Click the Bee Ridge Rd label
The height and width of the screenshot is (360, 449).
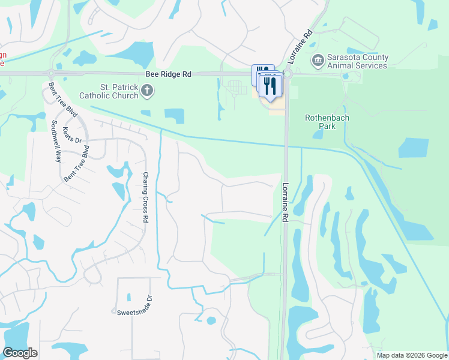pos(168,74)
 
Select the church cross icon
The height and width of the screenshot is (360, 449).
pos(148,91)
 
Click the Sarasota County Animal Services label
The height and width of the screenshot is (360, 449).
pos(357,61)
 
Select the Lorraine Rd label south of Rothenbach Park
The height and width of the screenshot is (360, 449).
pos(286,203)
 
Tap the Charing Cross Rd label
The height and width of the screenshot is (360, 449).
pos(145,197)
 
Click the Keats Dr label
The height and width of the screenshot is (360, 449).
pos(71,136)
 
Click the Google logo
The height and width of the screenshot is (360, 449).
pos(20,353)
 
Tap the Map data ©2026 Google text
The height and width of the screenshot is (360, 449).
pos(411,355)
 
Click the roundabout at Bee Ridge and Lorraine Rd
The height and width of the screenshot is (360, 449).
pos(286,74)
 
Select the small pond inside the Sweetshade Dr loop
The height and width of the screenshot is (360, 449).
pos(129,296)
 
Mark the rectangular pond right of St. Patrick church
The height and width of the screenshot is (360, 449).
pos(174,115)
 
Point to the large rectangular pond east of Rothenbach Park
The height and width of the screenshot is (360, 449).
pos(414,148)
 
